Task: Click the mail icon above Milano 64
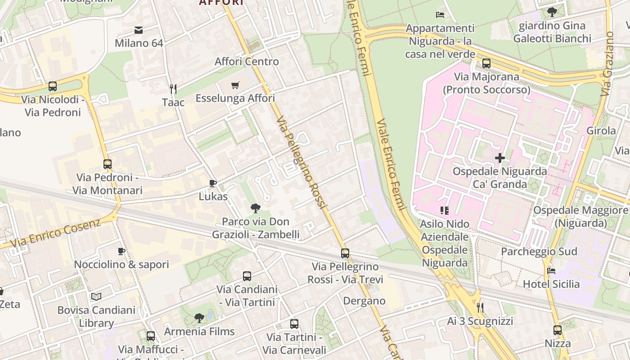tap(139, 30)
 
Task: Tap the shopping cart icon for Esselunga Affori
tap(235, 85)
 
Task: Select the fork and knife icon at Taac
tap(173, 89)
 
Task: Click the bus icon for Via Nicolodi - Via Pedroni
tap(53, 86)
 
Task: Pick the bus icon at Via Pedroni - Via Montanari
tap(108, 164)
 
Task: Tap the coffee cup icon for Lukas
tap(213, 184)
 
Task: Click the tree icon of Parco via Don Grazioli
tap(256, 208)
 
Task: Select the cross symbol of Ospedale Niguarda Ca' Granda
tap(499, 158)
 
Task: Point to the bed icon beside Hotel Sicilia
tap(551, 271)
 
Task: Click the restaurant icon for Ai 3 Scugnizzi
tap(480, 308)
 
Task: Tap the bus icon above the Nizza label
tap(558, 330)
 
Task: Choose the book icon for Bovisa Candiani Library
tap(96, 297)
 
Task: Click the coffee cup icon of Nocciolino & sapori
tap(121, 251)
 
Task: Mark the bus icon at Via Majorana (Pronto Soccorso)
tap(486, 63)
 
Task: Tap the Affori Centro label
tap(247, 62)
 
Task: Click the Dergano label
tap(364, 301)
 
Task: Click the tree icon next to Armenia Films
tap(199, 318)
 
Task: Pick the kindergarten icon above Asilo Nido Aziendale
tap(445, 210)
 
